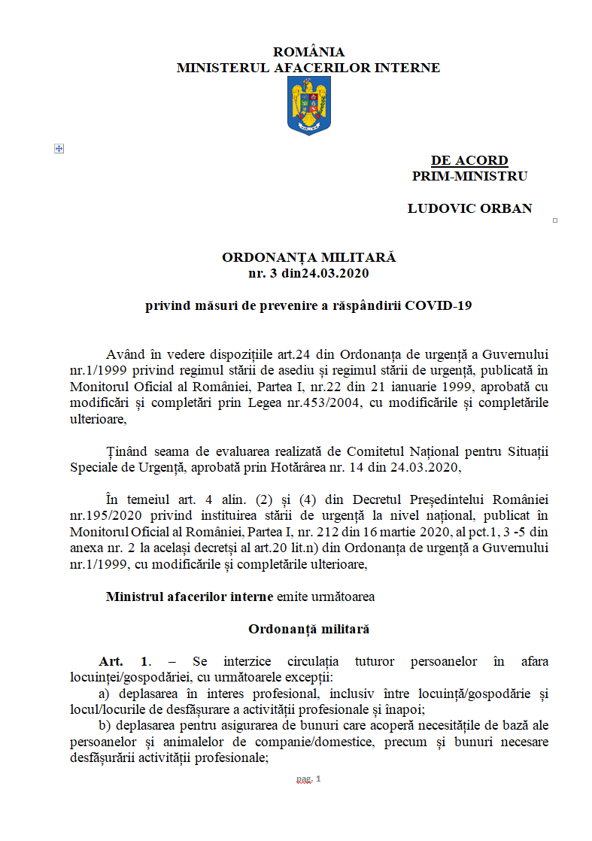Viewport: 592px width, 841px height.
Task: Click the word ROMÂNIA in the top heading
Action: coord(308,52)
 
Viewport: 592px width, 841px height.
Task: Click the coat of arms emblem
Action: coord(309,106)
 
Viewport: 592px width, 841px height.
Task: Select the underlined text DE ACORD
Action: coord(469,160)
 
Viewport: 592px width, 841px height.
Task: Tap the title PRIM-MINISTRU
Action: coord(469,176)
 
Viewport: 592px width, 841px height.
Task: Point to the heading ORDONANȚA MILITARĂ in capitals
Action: coord(308,257)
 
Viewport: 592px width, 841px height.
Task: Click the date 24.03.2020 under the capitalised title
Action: coord(335,273)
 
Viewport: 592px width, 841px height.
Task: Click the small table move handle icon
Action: coord(59,149)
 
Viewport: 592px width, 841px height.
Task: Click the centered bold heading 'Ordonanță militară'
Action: coord(308,629)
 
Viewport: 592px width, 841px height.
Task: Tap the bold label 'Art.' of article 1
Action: coord(111,661)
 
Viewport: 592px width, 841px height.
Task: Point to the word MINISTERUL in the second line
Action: coord(218,68)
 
